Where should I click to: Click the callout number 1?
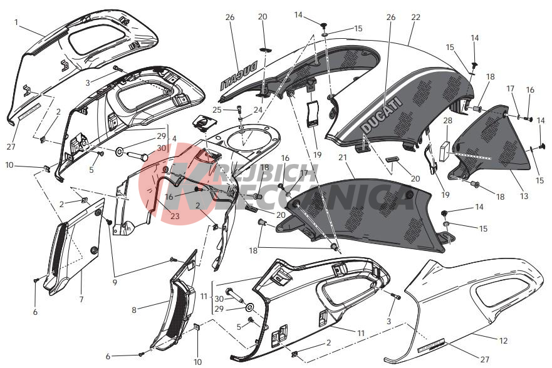pos(16,22)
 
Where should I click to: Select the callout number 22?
pos(415,18)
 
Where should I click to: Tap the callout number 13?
pos(524,197)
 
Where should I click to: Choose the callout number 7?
pos(81,300)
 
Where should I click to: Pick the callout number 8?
pos(133,309)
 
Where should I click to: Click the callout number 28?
pos(447,120)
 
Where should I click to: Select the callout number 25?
pos(217,110)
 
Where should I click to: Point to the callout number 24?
pos(257,110)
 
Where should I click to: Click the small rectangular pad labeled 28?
pos(446,148)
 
